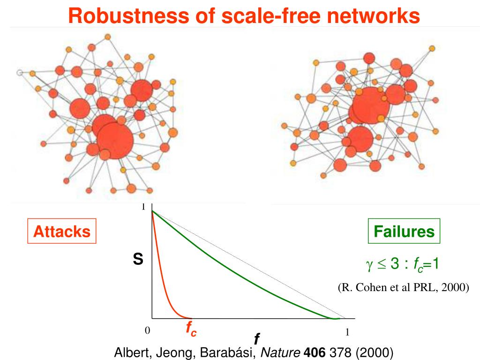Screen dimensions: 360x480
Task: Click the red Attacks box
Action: (62, 231)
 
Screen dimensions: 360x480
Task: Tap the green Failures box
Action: (404, 231)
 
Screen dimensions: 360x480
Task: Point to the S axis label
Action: (138, 259)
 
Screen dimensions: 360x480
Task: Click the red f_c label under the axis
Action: (191, 330)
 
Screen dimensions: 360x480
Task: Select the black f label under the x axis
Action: (257, 338)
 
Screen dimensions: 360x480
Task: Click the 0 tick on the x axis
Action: (147, 331)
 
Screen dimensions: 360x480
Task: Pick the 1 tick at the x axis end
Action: (347, 332)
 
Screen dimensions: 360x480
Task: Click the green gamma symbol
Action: (368, 265)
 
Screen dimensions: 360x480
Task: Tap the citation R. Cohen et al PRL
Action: (403, 287)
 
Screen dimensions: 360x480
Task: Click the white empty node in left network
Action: (20, 73)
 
